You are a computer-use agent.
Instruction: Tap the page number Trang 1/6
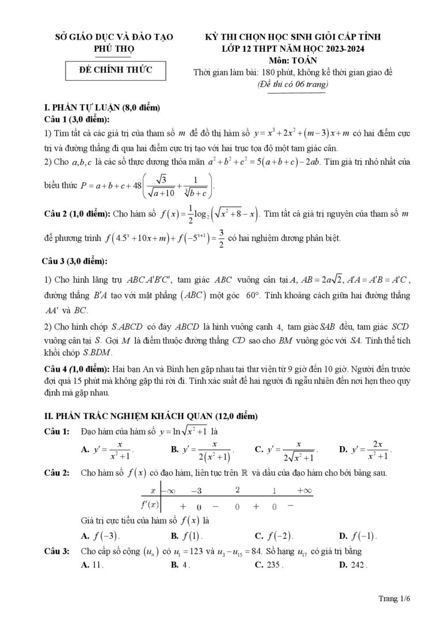tap(394, 599)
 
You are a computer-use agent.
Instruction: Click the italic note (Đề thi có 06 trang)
tap(292, 84)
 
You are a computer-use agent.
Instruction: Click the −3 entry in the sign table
tap(196, 490)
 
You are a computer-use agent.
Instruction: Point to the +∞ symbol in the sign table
tap(304, 490)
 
